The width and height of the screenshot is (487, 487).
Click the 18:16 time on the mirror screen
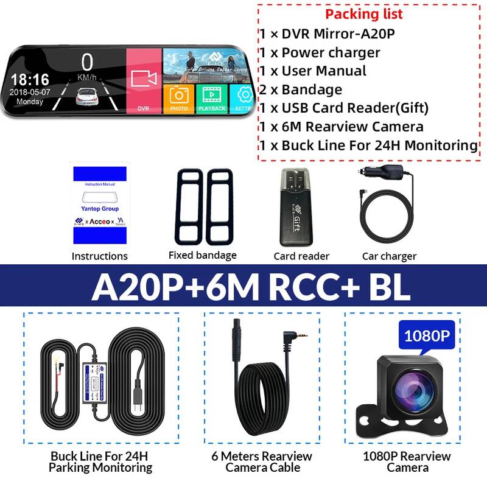pos(30,79)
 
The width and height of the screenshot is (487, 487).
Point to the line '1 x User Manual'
pos(314,71)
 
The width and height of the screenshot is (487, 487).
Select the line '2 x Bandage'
pos(301,89)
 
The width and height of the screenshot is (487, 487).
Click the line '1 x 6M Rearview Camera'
pos(342,127)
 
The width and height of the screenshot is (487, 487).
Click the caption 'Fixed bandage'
pos(202,256)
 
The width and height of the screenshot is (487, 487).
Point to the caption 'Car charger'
pos(389,256)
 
